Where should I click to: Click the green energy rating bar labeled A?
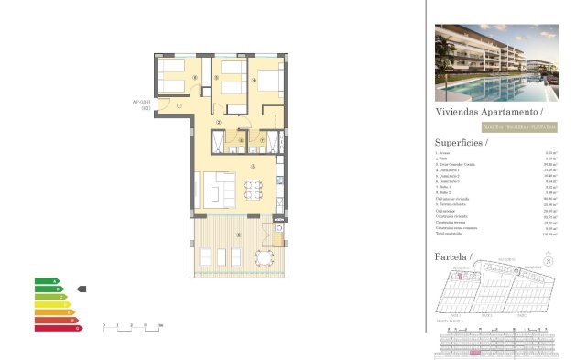point(46,281)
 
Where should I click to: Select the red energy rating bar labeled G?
point(58,326)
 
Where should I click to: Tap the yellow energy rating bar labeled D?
point(52,304)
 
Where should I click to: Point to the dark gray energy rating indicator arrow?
point(82,289)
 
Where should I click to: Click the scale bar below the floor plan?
point(132,326)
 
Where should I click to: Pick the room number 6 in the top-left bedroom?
point(196,78)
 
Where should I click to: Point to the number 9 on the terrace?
point(239,236)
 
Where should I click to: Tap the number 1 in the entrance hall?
point(179,106)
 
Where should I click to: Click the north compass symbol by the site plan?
point(549,260)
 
